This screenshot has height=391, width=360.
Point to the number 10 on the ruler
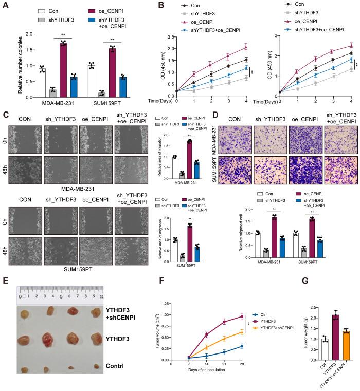pos(102,296)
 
